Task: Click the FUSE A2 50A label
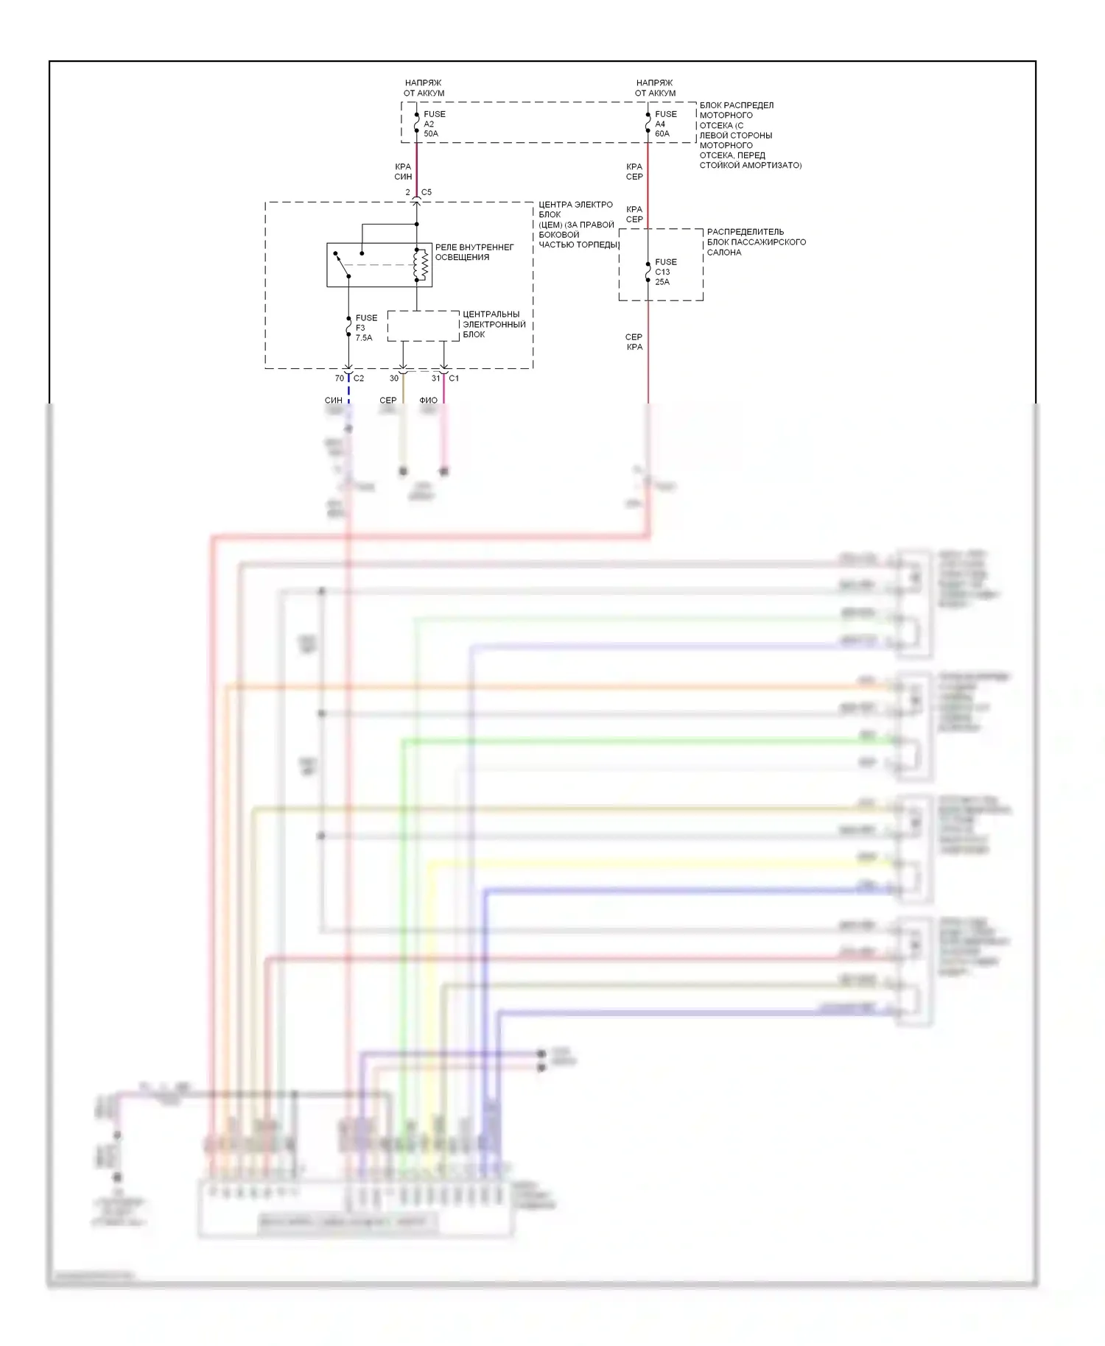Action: click(x=433, y=124)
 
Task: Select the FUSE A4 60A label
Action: click(x=664, y=124)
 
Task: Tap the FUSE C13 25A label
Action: click(x=664, y=272)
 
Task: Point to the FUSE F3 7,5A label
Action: click(x=365, y=328)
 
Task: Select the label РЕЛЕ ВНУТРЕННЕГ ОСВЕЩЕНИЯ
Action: click(x=474, y=252)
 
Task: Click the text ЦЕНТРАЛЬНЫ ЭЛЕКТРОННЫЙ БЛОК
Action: click(x=494, y=324)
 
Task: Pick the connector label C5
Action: click(x=427, y=192)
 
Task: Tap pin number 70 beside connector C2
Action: click(x=339, y=378)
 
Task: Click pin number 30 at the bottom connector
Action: click(x=394, y=378)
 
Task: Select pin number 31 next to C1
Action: click(x=435, y=378)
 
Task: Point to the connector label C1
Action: click(x=454, y=378)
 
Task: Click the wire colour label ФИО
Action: click(x=428, y=401)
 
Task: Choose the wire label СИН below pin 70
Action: click(x=333, y=401)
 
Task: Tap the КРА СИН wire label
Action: click(x=403, y=172)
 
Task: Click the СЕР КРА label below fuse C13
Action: click(x=634, y=342)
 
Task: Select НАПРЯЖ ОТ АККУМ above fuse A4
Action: click(x=655, y=88)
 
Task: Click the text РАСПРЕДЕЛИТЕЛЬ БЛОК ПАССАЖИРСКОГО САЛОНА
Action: click(x=756, y=242)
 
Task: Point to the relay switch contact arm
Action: click(x=343, y=266)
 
